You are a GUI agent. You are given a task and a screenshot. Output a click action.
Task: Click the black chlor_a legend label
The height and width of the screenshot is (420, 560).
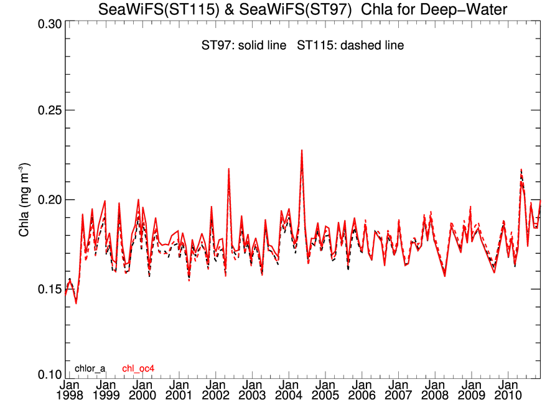[90, 368]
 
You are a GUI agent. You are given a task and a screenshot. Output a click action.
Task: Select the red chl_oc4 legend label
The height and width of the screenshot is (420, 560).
[138, 368]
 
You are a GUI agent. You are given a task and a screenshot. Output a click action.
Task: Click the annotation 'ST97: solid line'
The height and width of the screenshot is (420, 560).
[240, 45]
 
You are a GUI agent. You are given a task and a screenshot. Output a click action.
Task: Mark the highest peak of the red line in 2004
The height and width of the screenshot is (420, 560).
[302, 150]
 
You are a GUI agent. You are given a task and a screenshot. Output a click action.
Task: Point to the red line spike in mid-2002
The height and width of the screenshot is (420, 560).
[229, 169]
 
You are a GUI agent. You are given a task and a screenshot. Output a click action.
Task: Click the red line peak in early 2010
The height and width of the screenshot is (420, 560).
[521, 170]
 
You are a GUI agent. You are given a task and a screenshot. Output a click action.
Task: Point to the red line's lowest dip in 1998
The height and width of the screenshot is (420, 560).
[76, 303]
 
